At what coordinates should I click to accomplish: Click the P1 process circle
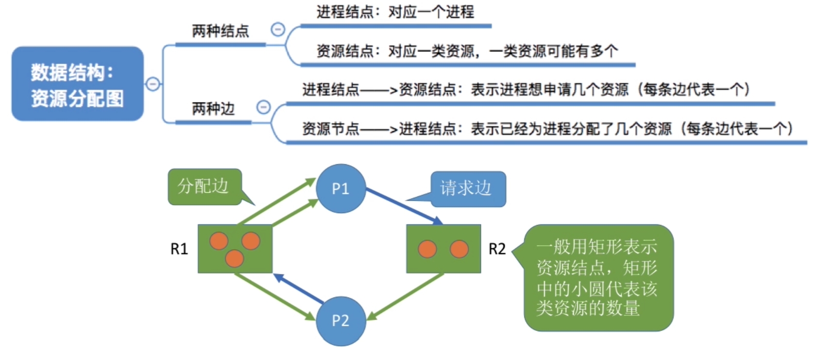point(340,189)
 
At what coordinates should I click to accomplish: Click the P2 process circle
point(340,321)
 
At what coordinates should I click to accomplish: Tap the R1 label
point(179,249)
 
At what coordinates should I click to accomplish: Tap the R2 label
point(497,249)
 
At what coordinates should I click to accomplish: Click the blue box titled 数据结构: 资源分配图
point(78,84)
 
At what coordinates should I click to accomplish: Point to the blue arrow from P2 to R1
point(299,289)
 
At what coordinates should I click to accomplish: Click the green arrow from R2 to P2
point(406,296)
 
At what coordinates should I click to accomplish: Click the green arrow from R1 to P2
point(274,296)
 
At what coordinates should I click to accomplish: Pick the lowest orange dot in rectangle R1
point(234,258)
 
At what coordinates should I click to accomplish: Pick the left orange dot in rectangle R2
point(427,249)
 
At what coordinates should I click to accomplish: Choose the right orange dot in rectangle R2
point(459,249)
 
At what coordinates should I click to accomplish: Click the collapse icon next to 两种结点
point(278,30)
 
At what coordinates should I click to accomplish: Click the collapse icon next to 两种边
point(263,107)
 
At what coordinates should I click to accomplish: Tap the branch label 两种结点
point(221,32)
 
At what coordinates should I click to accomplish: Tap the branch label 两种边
point(213,109)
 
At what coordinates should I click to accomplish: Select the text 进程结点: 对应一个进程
point(395,12)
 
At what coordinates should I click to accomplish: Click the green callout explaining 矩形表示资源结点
point(598,277)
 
